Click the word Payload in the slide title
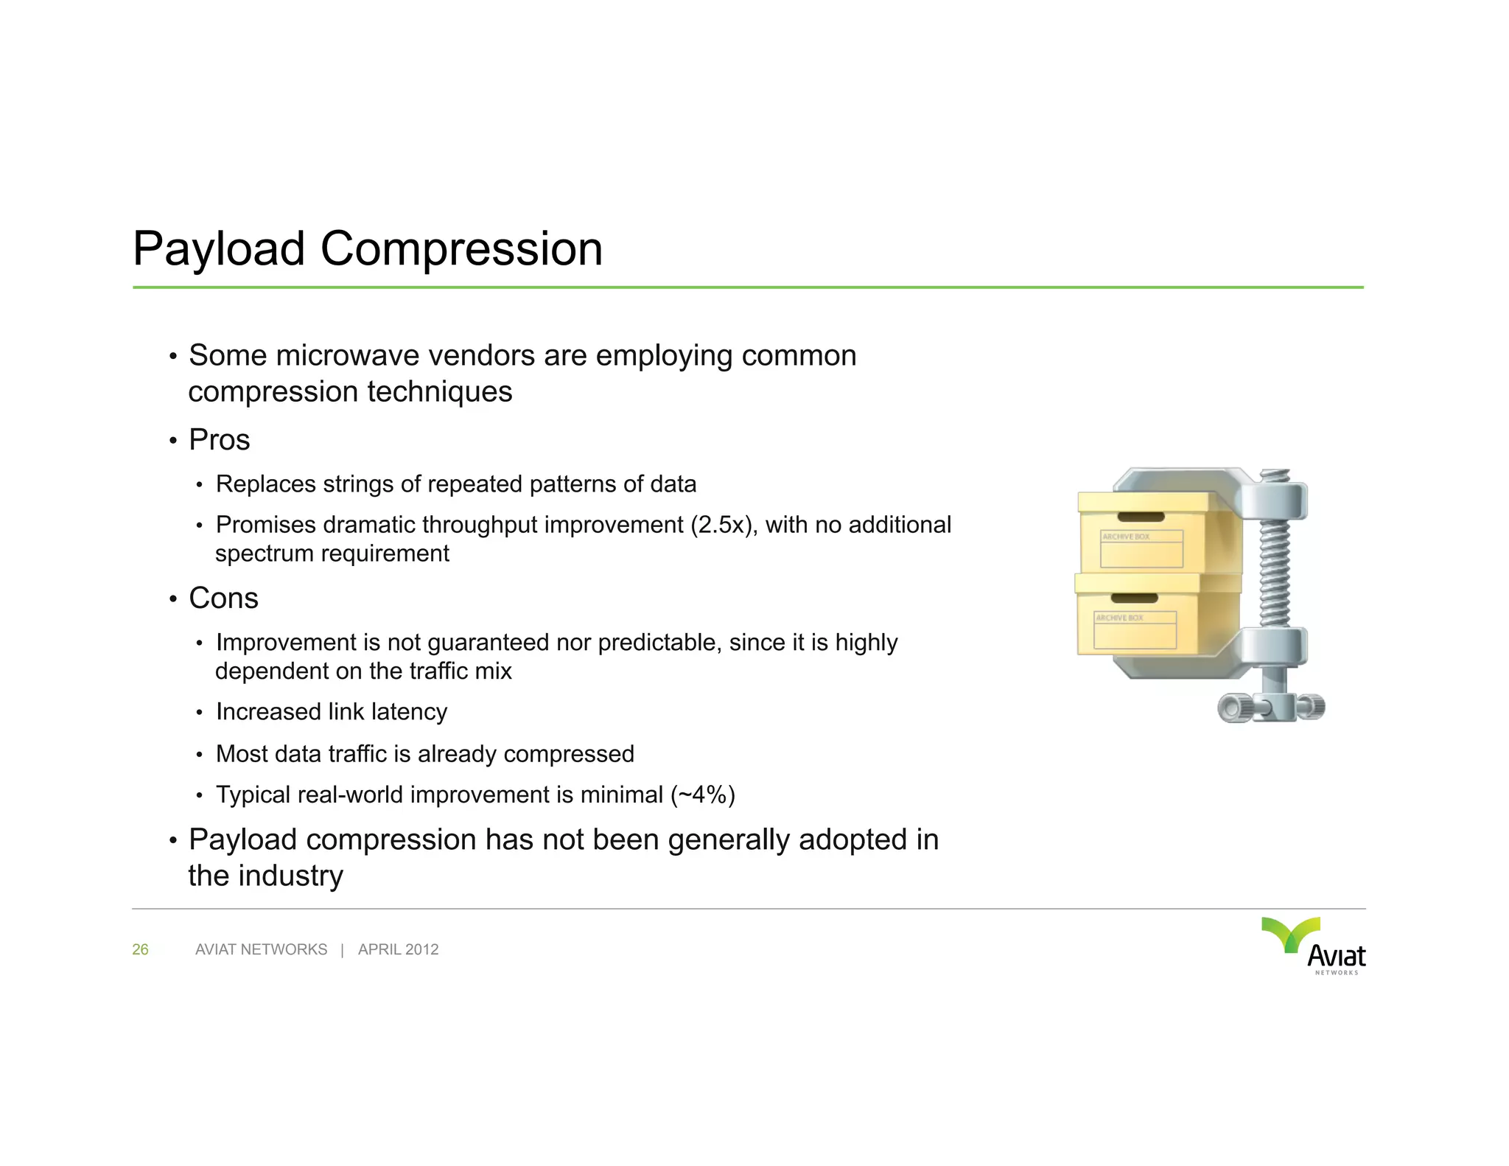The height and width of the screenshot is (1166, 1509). (x=218, y=249)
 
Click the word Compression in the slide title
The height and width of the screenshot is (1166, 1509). (x=461, y=249)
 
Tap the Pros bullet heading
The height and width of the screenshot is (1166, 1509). (x=219, y=440)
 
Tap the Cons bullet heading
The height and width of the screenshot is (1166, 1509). (x=223, y=598)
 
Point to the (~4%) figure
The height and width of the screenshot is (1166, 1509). (x=702, y=795)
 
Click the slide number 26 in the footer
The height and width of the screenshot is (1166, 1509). (x=140, y=950)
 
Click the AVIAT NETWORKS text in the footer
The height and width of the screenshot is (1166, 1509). (x=261, y=950)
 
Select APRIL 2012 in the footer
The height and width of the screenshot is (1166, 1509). (x=398, y=950)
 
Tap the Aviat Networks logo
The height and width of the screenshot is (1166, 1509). (x=1315, y=946)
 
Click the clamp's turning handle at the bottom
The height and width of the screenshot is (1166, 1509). (x=1271, y=708)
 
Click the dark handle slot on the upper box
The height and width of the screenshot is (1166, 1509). (x=1141, y=517)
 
